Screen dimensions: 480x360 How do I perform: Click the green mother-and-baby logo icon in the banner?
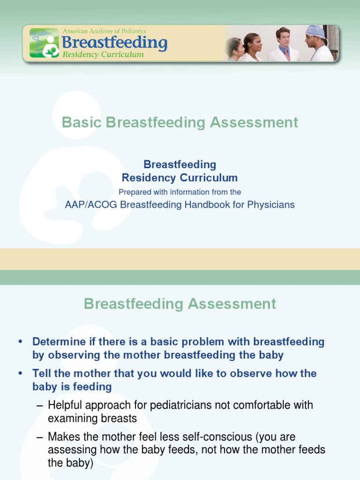click(x=44, y=43)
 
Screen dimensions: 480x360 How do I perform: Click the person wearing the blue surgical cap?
click(x=318, y=44)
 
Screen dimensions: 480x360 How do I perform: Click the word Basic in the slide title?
click(x=82, y=123)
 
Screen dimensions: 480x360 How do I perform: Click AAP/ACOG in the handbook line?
click(x=91, y=205)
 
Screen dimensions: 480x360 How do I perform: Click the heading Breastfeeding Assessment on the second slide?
click(x=180, y=304)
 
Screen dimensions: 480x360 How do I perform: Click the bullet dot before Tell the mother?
click(x=20, y=374)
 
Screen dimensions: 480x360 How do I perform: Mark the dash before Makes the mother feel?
click(x=40, y=437)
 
